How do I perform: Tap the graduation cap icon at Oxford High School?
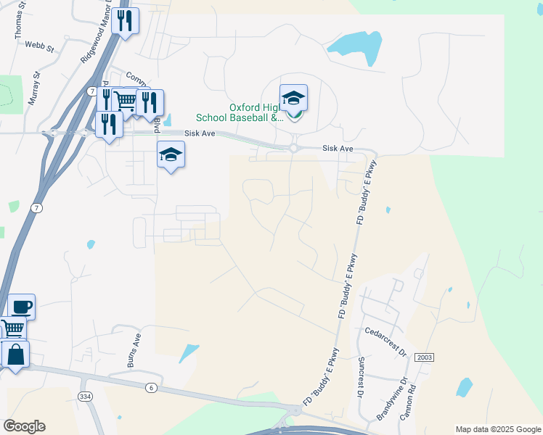293,97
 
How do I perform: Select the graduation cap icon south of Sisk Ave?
171,154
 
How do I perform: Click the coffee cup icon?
21,307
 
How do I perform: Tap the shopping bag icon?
15,355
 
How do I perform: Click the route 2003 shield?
425,357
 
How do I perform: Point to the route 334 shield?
86,397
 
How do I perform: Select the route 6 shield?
151,387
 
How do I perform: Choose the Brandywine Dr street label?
392,399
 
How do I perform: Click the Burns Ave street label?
134,351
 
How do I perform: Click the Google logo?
24,426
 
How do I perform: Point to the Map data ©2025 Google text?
497,429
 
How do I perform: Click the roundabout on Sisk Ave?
294,148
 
